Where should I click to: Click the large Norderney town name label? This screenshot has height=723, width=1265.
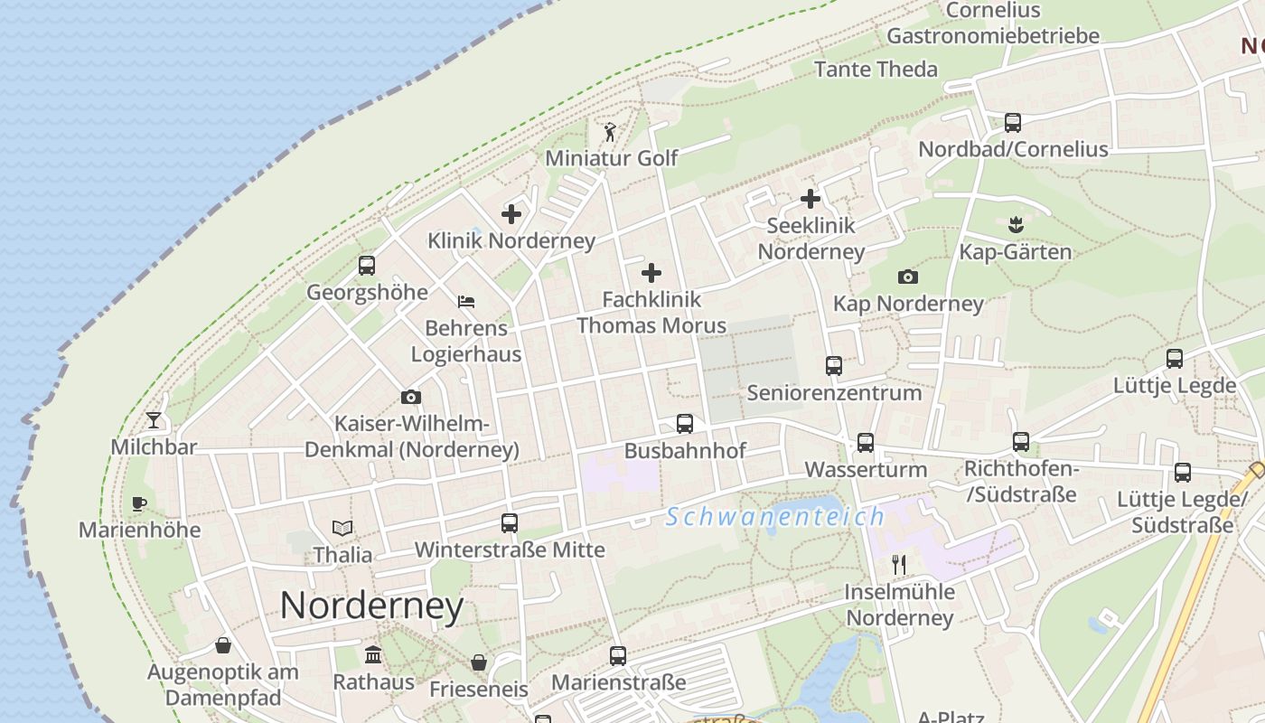(371, 606)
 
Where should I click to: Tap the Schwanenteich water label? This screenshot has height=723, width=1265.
(775, 517)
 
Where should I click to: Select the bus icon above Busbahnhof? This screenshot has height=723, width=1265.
(685, 424)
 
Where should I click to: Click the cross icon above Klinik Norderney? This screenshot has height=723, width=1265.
(511, 214)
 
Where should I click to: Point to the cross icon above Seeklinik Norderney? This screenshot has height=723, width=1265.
(811, 199)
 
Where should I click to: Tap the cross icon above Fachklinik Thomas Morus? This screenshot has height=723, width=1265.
(651, 273)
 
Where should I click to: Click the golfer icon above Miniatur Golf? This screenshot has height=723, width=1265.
(611, 132)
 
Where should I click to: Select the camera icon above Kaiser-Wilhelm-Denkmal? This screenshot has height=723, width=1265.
(411, 397)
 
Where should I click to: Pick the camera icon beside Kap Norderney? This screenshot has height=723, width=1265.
(908, 277)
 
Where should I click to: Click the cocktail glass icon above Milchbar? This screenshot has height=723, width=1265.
(154, 420)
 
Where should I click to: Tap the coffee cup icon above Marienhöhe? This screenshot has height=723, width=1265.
(138, 503)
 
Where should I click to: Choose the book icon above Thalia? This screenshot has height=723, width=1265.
(342, 528)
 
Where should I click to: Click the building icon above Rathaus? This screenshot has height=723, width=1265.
(373, 654)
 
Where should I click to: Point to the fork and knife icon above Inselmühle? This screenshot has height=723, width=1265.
(899, 565)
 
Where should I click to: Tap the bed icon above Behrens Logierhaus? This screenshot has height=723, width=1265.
(466, 302)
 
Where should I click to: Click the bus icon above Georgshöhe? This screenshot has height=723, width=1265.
(367, 266)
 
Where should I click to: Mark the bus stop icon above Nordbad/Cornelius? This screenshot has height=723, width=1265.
(1013, 123)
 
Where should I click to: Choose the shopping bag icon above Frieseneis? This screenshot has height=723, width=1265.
(479, 662)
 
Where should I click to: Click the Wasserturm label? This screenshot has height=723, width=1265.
(866, 470)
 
